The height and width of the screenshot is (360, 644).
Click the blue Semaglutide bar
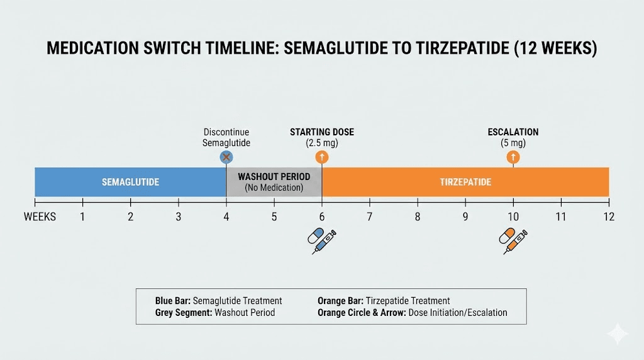coord(130,182)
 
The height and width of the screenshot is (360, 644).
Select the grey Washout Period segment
coord(274,182)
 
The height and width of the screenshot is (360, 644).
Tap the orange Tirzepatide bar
coord(465,182)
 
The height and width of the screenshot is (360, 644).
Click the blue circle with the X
coord(226,157)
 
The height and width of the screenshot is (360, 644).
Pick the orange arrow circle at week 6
coord(322,157)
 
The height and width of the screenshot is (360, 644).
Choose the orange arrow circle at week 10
coord(513,157)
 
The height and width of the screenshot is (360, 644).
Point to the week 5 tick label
coord(274,217)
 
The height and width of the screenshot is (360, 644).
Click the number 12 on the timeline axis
coord(608,217)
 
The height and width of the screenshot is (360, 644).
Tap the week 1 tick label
coord(82,217)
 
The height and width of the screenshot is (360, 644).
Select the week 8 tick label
coord(418,217)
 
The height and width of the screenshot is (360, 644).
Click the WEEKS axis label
coord(40,217)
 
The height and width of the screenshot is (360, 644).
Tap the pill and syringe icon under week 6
coord(321,241)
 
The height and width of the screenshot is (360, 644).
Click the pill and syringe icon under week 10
coord(513,241)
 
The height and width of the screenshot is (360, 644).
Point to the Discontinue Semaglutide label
coord(226,137)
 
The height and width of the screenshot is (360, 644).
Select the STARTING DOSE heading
coord(322,132)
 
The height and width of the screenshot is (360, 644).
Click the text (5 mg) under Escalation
coord(513,143)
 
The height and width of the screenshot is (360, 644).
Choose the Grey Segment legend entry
coord(215,313)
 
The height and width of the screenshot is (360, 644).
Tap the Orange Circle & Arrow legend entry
coord(412,313)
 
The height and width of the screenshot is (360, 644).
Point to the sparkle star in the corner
coord(618,334)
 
